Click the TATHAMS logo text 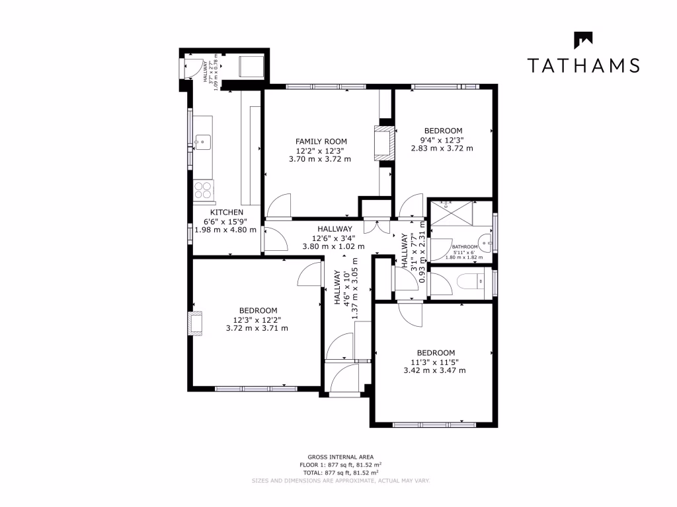583,65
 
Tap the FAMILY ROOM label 321,141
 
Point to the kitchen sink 202,141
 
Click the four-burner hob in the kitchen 203,190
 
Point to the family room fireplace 384,143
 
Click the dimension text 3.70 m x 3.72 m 321,159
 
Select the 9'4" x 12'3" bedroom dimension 443,139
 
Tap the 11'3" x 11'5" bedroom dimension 435,361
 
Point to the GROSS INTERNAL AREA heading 340,457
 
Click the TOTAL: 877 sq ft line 340,473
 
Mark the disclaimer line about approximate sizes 340,481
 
